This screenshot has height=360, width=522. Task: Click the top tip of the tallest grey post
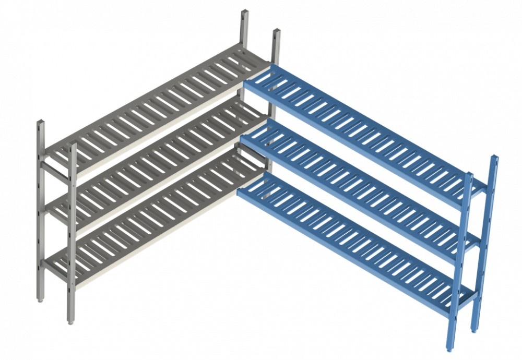(243, 11)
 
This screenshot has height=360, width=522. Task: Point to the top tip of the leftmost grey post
(41, 123)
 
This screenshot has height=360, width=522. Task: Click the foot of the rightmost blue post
(474, 330)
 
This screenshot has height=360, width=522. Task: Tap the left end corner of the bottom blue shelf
(239, 192)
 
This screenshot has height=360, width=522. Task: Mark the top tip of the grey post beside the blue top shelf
(276, 32)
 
